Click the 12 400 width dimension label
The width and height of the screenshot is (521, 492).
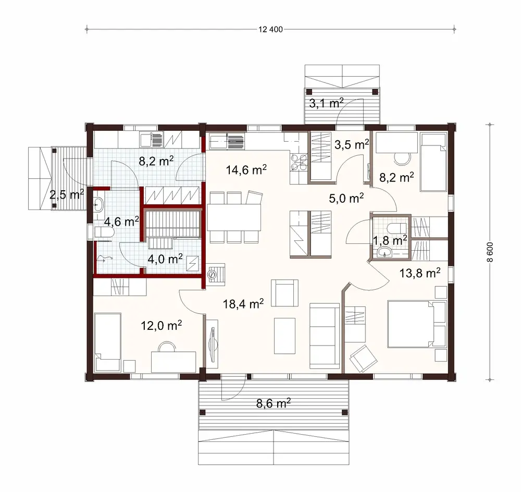[270, 29]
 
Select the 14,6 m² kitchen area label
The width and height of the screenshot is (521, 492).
[246, 169]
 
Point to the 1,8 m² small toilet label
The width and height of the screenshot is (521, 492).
[391, 240]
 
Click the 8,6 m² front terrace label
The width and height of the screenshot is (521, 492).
[273, 403]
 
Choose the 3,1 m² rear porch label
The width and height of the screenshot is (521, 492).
[325, 103]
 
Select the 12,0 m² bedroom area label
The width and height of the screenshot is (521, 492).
[162, 326]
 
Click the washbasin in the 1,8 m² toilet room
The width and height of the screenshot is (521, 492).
[385, 253]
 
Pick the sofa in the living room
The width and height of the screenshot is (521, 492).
[324, 335]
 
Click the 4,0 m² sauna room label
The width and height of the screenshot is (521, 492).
[166, 258]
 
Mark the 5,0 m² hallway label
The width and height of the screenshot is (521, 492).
[346, 198]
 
